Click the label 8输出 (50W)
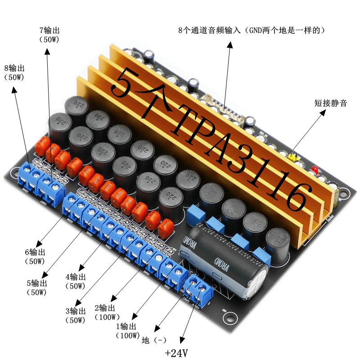pyautogui.click(x=14, y=73)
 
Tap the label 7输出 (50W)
pyautogui.click(x=49, y=35)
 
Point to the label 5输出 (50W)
pyautogui.click(x=37, y=288)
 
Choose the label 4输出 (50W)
pyautogui.click(x=76, y=281)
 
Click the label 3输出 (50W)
pyautogui.click(x=75, y=315)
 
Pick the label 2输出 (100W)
pyautogui.click(x=106, y=312)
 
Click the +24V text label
pyautogui.click(x=176, y=352)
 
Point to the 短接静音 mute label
pyautogui.click(x=330, y=103)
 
